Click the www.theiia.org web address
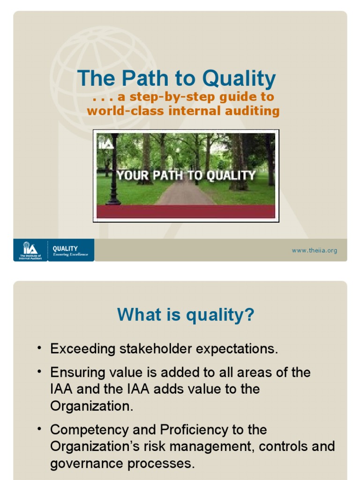(314, 250)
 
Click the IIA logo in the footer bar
(30, 250)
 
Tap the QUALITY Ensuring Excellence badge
(70, 250)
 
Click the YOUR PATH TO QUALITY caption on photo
(186, 175)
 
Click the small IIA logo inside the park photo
(105, 142)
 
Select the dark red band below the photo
(186, 212)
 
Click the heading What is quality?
(186, 314)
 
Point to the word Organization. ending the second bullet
(92, 406)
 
